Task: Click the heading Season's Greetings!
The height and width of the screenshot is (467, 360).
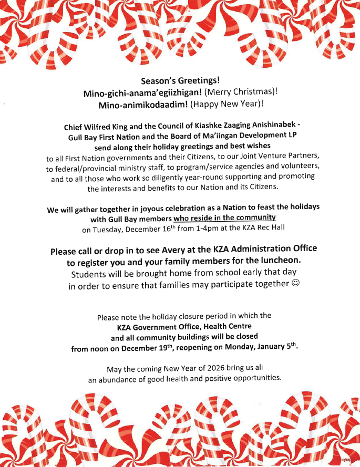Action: tap(180, 81)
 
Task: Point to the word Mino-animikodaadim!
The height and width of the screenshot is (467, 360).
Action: tap(138, 104)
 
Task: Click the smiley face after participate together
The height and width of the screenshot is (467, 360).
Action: tap(295, 284)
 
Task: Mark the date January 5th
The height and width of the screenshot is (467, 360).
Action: tap(280, 348)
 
